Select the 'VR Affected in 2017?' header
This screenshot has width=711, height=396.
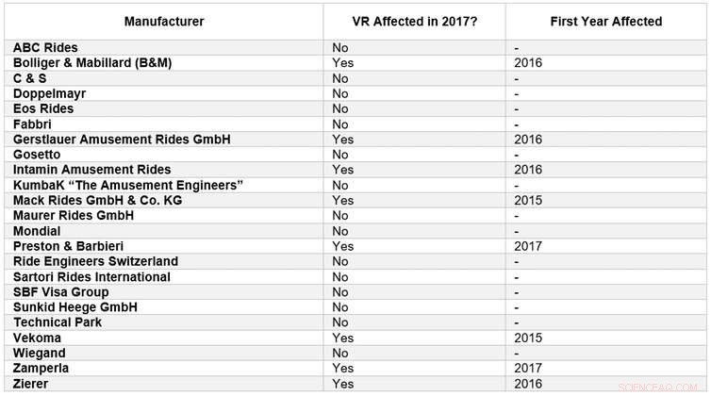[414, 21]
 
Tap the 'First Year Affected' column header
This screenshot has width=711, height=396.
[606, 21]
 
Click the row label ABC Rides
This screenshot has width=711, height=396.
[45, 47]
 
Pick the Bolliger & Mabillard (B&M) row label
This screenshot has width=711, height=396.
[92, 62]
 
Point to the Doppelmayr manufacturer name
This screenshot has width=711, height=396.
[49, 93]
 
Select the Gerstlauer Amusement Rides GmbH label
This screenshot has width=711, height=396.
[122, 139]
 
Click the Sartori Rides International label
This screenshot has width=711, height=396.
[91, 276]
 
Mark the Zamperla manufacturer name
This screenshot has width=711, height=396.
[41, 368]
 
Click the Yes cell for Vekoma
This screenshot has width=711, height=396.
[342, 338]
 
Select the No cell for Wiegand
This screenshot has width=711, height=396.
[340, 353]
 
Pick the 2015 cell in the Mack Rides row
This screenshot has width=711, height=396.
[529, 200]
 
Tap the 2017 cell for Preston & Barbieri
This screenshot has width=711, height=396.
[529, 246]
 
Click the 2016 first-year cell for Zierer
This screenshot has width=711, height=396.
[529, 384]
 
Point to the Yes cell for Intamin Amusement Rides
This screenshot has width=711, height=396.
[342, 170]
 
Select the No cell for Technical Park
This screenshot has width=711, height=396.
[340, 322]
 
